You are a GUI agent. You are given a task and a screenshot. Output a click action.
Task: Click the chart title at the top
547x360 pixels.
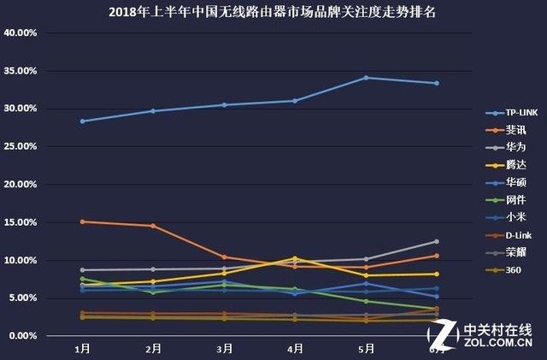pos(273,13)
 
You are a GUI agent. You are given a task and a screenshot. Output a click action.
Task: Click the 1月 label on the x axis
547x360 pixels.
pos(82,349)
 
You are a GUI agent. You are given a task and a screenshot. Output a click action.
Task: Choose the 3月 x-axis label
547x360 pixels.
pos(224,349)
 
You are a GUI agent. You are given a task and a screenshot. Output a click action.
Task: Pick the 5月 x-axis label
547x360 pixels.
pos(366,349)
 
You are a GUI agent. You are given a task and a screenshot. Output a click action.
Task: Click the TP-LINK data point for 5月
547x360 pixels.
pos(366,78)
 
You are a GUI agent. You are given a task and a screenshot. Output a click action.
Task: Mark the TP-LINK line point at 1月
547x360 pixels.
pos(82,121)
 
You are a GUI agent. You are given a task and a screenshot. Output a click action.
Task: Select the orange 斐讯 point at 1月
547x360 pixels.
pos(82,221)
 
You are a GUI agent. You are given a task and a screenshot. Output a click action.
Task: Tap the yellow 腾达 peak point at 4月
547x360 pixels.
pos(295,258)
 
